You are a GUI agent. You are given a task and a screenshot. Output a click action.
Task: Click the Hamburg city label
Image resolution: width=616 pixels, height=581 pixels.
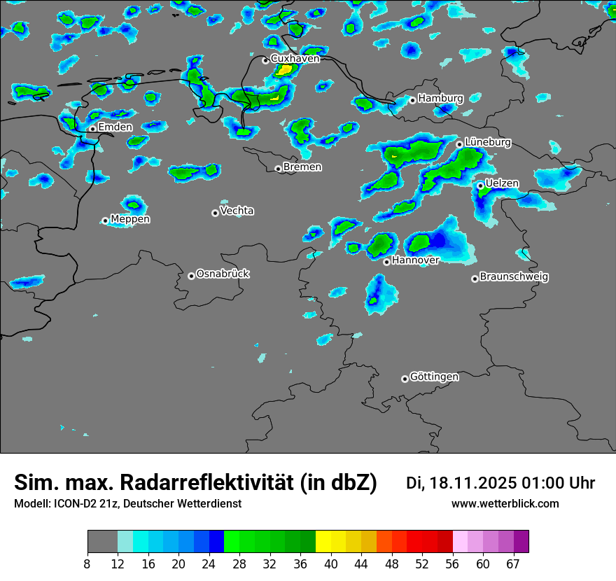pyautogui.click(x=440, y=99)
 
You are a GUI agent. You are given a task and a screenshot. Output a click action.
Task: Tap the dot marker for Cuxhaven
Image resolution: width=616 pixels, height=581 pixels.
pyautogui.click(x=265, y=60)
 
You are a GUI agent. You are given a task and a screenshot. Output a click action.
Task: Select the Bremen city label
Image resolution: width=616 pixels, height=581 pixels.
pyautogui.click(x=302, y=167)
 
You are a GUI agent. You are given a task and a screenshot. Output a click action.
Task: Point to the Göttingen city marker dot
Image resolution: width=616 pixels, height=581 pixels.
pyautogui.click(x=405, y=379)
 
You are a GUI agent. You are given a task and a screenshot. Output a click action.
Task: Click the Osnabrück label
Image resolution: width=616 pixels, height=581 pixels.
pyautogui.click(x=223, y=274)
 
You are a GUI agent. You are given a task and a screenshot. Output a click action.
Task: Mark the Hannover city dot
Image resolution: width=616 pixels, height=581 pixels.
pyautogui.click(x=386, y=262)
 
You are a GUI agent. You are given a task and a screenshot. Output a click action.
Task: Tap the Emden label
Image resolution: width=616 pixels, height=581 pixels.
pyautogui.click(x=115, y=127)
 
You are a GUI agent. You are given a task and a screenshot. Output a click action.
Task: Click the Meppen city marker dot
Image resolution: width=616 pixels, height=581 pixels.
pyautogui.click(x=105, y=220)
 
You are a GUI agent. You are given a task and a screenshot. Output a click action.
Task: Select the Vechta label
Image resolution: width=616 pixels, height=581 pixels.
pyautogui.click(x=237, y=211)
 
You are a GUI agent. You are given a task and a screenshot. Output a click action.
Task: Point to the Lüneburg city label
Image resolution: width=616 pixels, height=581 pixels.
pyautogui.click(x=488, y=142)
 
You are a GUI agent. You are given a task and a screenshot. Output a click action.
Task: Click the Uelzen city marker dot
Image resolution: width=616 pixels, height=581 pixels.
pyautogui.click(x=480, y=185)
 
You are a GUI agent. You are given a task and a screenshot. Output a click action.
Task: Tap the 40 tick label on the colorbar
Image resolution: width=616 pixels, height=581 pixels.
pyautogui.click(x=331, y=564)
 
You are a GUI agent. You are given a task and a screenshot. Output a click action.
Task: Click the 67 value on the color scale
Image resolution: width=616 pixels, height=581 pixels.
pyautogui.click(x=513, y=564)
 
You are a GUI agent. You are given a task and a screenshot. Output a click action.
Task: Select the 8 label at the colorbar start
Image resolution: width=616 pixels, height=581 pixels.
pyautogui.click(x=87, y=564)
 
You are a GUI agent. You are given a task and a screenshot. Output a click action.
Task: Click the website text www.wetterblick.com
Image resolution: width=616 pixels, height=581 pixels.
pyautogui.click(x=505, y=503)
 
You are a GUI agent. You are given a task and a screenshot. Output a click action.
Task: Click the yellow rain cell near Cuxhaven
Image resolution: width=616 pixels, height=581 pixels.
pyautogui.click(x=283, y=69)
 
